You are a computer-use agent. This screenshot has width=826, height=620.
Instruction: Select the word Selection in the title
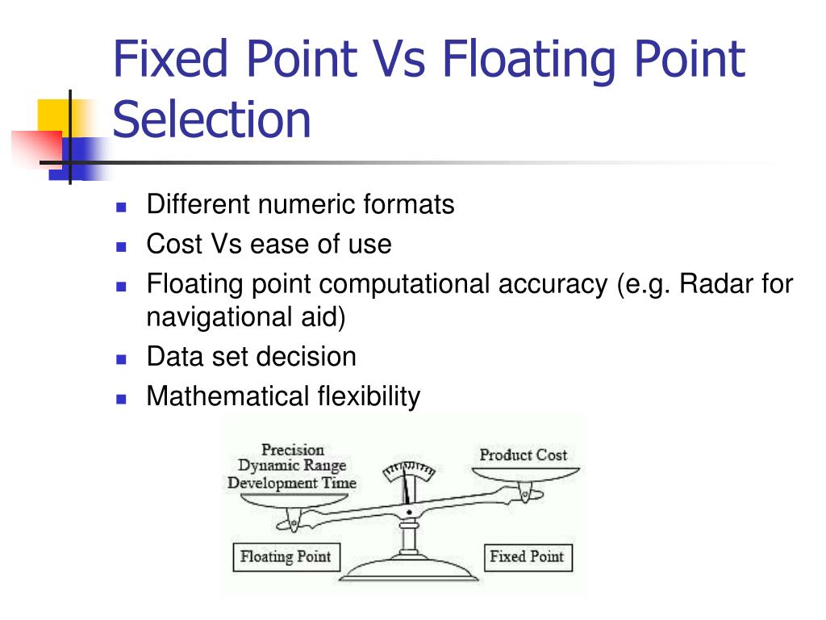(x=211, y=119)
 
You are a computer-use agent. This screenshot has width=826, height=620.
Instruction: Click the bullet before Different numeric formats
(x=122, y=207)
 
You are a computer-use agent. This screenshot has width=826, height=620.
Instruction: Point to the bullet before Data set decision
(x=122, y=358)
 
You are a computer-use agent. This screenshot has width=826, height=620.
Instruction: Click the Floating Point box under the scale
(x=285, y=557)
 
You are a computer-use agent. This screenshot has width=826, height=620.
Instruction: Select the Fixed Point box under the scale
(x=528, y=557)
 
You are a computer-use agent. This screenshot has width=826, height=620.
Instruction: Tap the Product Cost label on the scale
(x=523, y=455)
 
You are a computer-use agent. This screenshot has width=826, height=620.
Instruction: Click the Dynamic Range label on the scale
(x=291, y=466)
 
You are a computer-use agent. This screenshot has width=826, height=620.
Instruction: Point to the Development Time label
(x=291, y=483)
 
